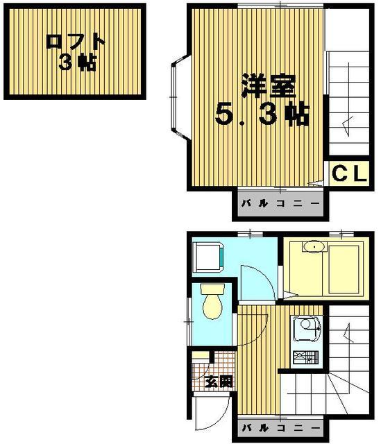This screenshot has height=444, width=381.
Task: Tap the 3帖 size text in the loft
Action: pos(76,63)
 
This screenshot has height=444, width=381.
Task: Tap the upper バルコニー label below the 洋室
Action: pos(280,205)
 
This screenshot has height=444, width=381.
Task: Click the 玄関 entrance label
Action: pos(220,382)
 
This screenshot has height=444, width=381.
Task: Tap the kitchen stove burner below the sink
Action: pos(303,358)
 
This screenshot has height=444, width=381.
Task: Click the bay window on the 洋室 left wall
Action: pos(178,97)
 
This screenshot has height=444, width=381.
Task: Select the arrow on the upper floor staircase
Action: pos(348,126)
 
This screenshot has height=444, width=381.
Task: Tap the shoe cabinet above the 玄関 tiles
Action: pos(201,356)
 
